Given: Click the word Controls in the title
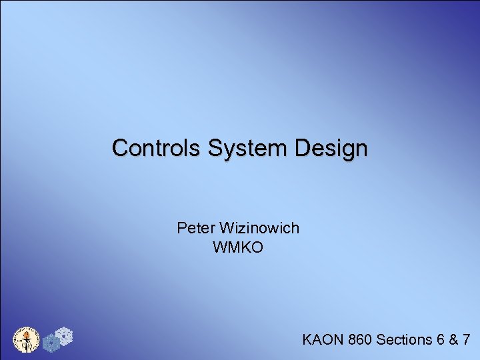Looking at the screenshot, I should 155,147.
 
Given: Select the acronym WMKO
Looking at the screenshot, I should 238,248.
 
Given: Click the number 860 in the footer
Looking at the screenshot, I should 360,340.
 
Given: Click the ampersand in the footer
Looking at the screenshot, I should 453,340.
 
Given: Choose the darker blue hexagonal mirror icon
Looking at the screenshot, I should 51,343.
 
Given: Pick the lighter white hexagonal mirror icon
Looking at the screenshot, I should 65,336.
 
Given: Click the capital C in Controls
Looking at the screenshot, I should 120,147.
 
